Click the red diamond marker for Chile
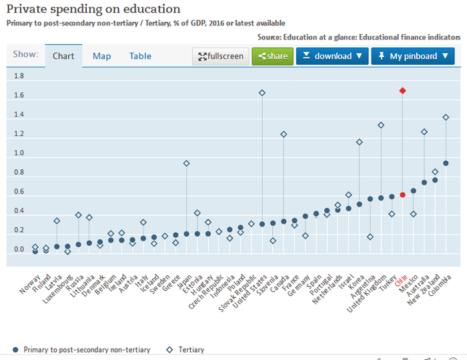(x=402, y=91)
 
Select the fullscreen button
(x=221, y=57)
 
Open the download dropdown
(x=332, y=57)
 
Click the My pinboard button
(x=412, y=57)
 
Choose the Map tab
(x=101, y=57)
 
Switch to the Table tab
(x=140, y=57)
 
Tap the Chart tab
(x=63, y=57)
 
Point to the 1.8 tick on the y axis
(x=19, y=77)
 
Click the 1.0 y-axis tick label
(x=19, y=153)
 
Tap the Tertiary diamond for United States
(x=262, y=93)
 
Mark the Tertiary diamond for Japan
(x=187, y=163)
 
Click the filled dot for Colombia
(x=446, y=163)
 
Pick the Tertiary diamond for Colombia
(x=446, y=117)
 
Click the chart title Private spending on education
(x=93, y=9)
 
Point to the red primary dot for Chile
(x=402, y=195)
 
